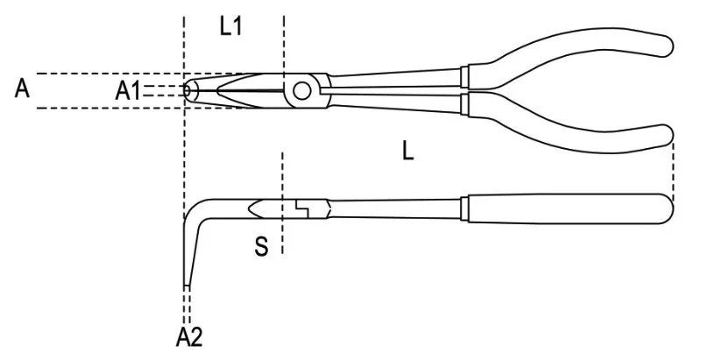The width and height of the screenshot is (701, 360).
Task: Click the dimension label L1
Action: pos(230,28)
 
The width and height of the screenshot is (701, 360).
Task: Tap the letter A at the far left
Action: pos(22,88)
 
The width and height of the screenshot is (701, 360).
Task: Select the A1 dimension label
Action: pos(127,92)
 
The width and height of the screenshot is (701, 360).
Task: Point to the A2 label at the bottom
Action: pos(189,337)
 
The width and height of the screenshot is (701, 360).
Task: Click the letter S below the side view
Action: pos(261,246)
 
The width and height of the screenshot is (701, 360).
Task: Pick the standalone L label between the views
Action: pos(407,152)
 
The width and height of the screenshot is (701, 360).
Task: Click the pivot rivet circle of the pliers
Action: pos(301,91)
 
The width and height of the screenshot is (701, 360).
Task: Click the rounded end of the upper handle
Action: pos(666,46)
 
